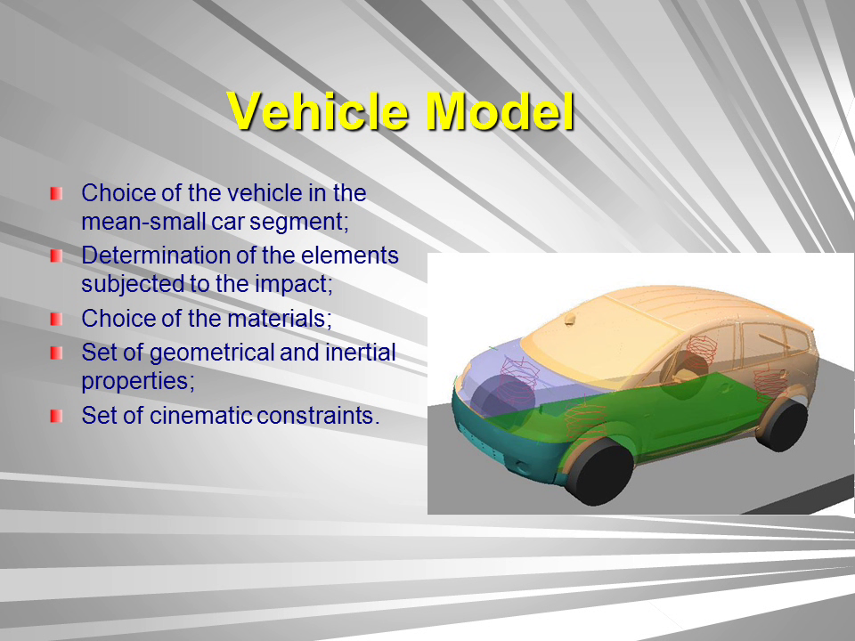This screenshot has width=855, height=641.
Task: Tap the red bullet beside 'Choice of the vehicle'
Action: pos(56,193)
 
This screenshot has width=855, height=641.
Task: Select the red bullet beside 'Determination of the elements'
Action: pos(56,256)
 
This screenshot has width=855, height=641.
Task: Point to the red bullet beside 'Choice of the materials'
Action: pos(56,319)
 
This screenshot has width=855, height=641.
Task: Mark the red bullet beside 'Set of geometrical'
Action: pos(56,353)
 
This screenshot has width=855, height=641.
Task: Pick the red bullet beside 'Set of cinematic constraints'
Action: pos(56,416)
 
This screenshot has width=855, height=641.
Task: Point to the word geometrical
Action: pos(212,353)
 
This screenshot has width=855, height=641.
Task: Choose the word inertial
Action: pos(361,353)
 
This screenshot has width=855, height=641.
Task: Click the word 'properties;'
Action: pos(138,382)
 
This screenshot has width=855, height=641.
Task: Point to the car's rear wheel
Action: pos(784,426)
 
